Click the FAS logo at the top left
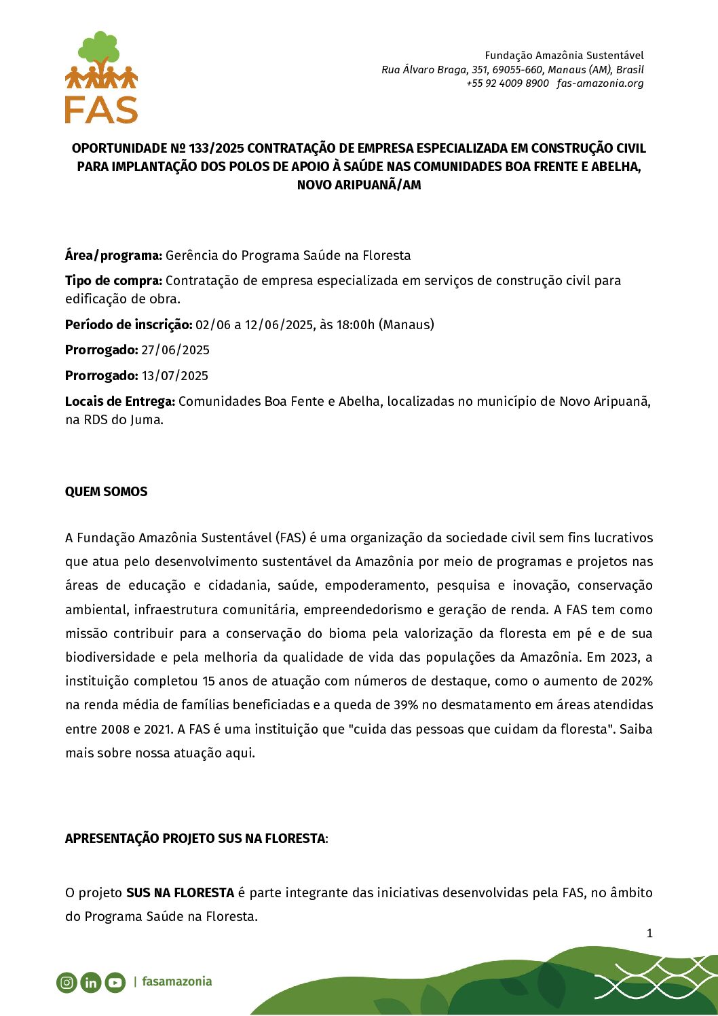point(102,78)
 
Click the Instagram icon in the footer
point(67,982)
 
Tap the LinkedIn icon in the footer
point(90,982)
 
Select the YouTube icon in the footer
point(115,982)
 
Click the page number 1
point(649,933)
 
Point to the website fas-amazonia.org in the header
point(600,83)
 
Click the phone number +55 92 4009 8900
point(508,83)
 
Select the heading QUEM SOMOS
point(106,492)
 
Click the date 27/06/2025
point(176,350)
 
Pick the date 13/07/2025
point(175,376)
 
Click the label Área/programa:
point(113,256)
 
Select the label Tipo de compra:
point(113,281)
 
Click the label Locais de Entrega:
point(119,402)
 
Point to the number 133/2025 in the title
point(216,149)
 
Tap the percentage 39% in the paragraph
point(406,705)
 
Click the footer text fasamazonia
point(177,981)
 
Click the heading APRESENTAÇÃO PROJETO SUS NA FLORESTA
point(195,839)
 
